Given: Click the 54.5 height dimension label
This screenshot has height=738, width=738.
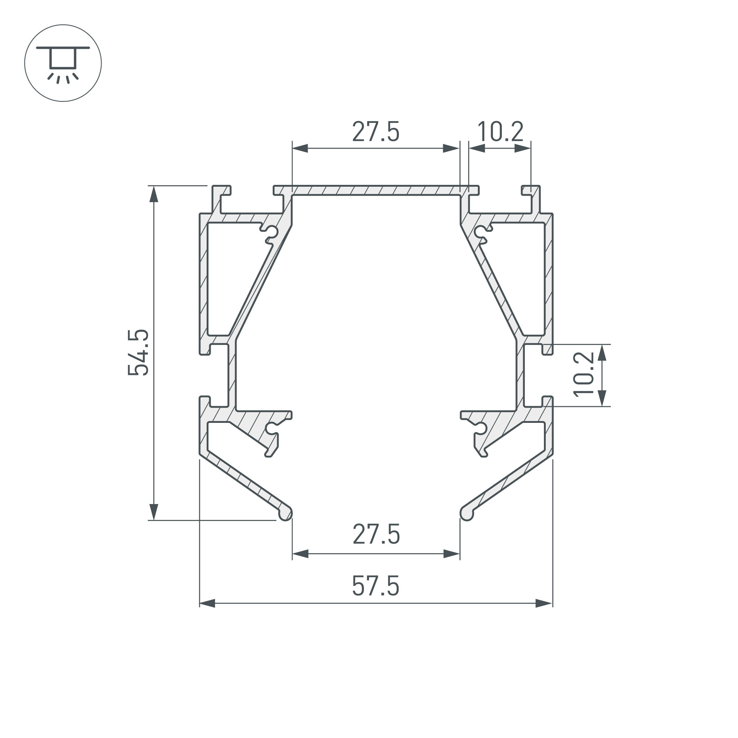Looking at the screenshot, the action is tap(138, 352).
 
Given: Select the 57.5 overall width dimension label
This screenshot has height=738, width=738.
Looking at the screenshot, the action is tap(376, 586).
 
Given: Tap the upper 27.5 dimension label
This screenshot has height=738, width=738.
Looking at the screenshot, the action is tap(376, 132).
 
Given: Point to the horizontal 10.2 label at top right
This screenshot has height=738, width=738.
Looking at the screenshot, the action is tap(500, 132).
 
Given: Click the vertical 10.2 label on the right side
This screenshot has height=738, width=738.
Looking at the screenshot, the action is tap(584, 374).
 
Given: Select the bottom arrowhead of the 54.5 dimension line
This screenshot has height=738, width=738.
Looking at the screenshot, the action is tap(154, 512).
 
